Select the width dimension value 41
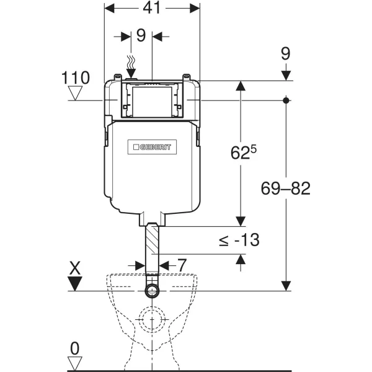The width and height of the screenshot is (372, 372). (152, 9)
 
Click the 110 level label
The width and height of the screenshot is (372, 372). (76, 77)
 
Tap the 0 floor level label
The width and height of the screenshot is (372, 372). (75, 348)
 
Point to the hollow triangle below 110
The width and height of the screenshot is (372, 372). (76, 94)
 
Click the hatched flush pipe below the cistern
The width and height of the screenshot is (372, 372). (153, 248)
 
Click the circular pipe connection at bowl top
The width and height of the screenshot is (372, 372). (153, 291)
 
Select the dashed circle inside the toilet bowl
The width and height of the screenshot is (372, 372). (153, 322)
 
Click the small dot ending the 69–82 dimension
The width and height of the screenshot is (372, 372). (286, 100)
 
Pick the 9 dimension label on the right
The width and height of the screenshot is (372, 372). (285, 54)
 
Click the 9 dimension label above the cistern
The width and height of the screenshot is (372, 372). (141, 35)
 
